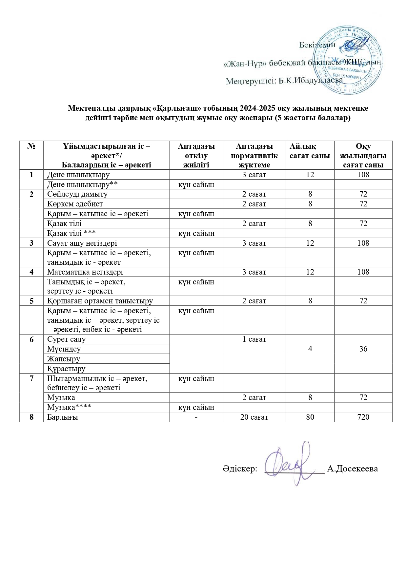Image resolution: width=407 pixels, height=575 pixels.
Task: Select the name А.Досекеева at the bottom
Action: point(352,469)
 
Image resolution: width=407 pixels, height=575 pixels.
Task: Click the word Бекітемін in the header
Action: point(317,45)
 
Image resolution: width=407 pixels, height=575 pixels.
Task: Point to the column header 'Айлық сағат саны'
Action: point(310,151)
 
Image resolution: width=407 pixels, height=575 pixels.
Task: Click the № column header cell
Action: point(31,146)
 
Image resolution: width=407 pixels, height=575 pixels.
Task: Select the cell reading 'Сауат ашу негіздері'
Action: point(82,243)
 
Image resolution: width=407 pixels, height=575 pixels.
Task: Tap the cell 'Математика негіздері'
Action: point(85,272)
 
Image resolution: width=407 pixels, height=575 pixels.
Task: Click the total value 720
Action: point(363,417)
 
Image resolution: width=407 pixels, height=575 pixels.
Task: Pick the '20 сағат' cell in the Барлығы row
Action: point(254,417)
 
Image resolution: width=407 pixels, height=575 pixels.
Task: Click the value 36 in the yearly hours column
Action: point(363,349)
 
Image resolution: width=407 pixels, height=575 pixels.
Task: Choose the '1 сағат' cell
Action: point(254,339)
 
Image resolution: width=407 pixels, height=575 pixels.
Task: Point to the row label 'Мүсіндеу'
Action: point(64,349)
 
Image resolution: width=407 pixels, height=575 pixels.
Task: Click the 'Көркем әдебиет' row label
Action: point(75,204)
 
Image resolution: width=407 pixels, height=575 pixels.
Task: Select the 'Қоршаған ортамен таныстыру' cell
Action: point(100,301)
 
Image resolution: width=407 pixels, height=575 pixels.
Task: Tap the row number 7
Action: point(31,378)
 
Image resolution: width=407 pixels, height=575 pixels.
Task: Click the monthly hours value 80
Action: point(310,417)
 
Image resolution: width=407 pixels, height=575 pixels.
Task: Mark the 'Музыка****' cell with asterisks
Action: point(69,407)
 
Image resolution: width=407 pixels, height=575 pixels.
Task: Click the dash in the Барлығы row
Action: point(196,417)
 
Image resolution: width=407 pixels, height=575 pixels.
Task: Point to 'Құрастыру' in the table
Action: point(66,369)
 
